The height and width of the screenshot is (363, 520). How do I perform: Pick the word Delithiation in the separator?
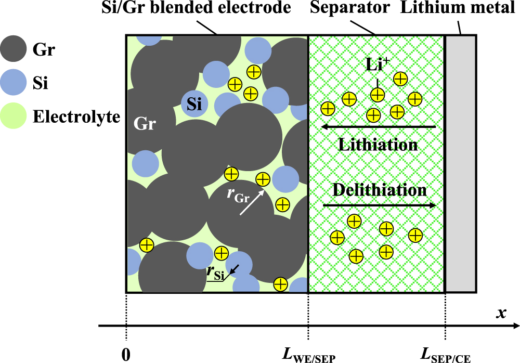[380, 189]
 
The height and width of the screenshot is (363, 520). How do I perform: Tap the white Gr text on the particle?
[146, 125]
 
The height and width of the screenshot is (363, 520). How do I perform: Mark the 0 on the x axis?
[126, 354]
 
